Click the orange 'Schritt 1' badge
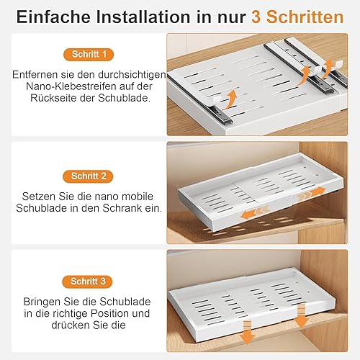[x=89, y=54]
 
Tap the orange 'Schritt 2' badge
[x=88, y=176]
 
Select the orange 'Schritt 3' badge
[x=87, y=282]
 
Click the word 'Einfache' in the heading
[x=53, y=17]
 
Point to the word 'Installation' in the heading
[x=143, y=17]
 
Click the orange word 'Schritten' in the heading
[x=305, y=17]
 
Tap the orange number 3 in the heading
[x=256, y=17]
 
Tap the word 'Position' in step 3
[x=111, y=313]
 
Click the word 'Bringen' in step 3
[x=42, y=302]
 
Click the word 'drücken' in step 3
[x=69, y=325]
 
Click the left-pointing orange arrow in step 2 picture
[x=254, y=212]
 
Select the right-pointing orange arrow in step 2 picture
[x=312, y=194]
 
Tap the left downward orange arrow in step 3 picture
[x=247, y=333]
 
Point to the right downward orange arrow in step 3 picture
[x=301, y=315]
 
